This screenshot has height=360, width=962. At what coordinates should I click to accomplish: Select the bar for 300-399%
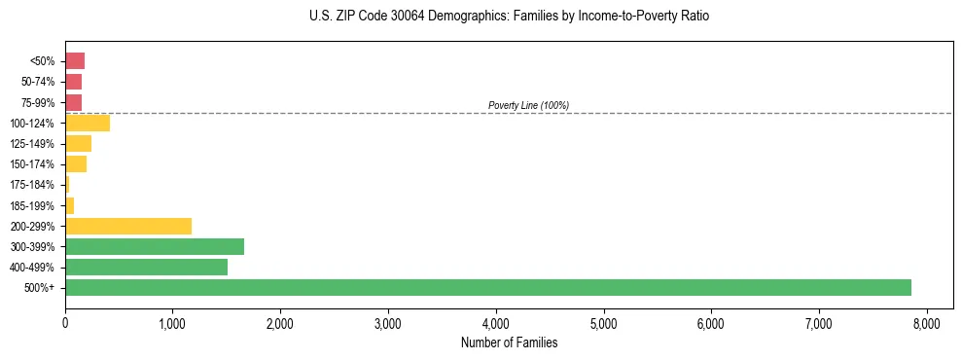click(155, 246)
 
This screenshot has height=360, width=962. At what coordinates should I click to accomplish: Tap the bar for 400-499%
click(146, 268)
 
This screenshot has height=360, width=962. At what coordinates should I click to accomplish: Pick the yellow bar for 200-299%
click(128, 226)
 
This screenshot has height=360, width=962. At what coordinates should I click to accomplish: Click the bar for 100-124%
click(88, 124)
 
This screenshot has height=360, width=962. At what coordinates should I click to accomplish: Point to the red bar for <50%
click(75, 61)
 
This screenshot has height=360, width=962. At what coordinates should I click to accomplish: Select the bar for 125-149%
click(78, 144)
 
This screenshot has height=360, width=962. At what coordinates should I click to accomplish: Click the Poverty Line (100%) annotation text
click(528, 105)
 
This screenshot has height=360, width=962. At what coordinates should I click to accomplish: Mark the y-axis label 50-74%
click(38, 82)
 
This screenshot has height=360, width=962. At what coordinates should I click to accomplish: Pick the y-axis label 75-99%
click(38, 103)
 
